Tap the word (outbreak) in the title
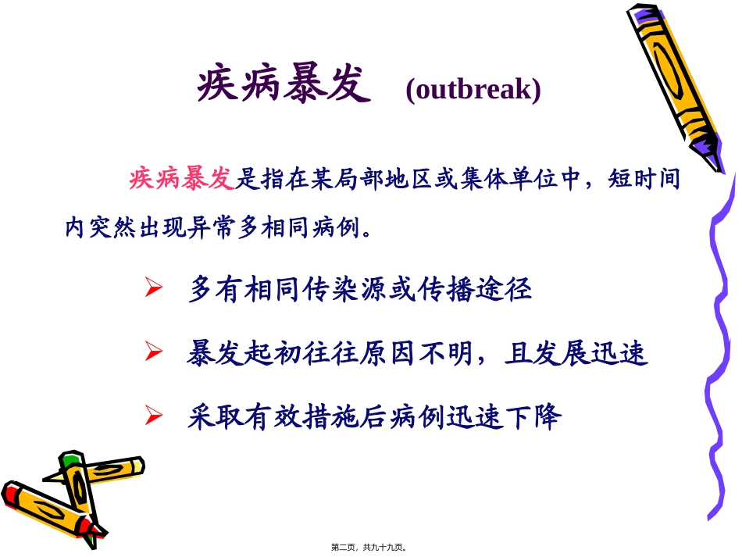tap(473, 90)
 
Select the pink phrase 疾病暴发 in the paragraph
tap(181, 180)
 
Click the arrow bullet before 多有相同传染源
tap(153, 289)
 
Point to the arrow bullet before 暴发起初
tap(153, 354)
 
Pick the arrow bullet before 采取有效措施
tap(153, 416)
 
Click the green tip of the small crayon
tap(73, 457)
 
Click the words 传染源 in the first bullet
tap(360, 290)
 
